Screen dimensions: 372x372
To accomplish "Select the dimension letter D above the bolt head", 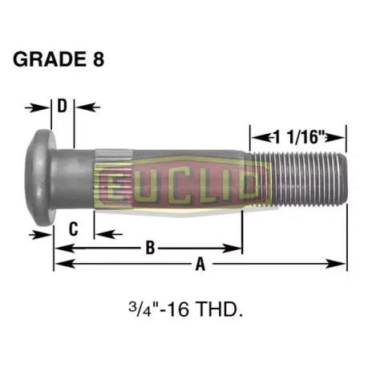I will click(x=63, y=106).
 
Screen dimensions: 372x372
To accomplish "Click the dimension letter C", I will click(x=72, y=228).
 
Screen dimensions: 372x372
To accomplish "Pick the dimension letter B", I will click(x=148, y=248).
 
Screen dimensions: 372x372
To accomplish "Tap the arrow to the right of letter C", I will click(x=103, y=233).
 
